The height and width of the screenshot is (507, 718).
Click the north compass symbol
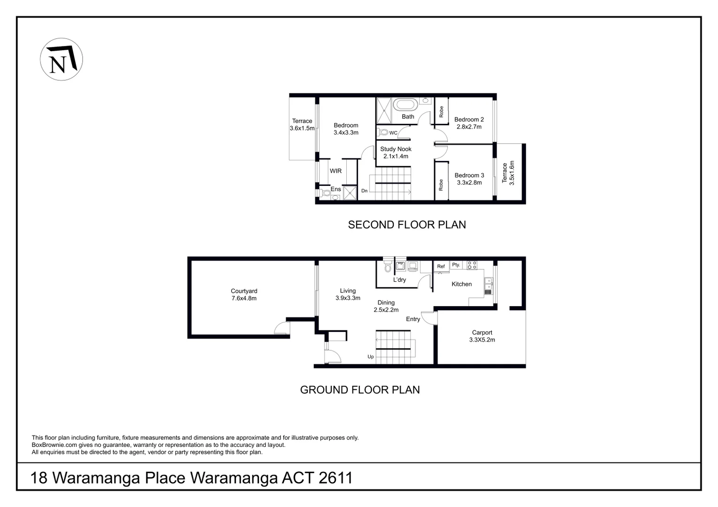click(61, 59)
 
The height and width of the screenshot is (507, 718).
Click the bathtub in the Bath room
click(406, 105)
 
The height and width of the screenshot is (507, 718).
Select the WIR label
click(336, 171)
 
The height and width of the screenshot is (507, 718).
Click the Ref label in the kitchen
click(441, 266)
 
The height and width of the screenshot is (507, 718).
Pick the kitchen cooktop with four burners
click(472, 265)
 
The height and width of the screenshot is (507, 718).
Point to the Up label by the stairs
click(371, 356)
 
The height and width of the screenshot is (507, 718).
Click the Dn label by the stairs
click(365, 191)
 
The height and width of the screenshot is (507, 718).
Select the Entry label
click(413, 319)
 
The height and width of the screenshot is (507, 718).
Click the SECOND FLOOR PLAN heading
click(407, 224)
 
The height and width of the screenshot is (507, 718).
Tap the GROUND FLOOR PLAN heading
click(359, 390)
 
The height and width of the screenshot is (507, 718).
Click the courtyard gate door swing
click(282, 328)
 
